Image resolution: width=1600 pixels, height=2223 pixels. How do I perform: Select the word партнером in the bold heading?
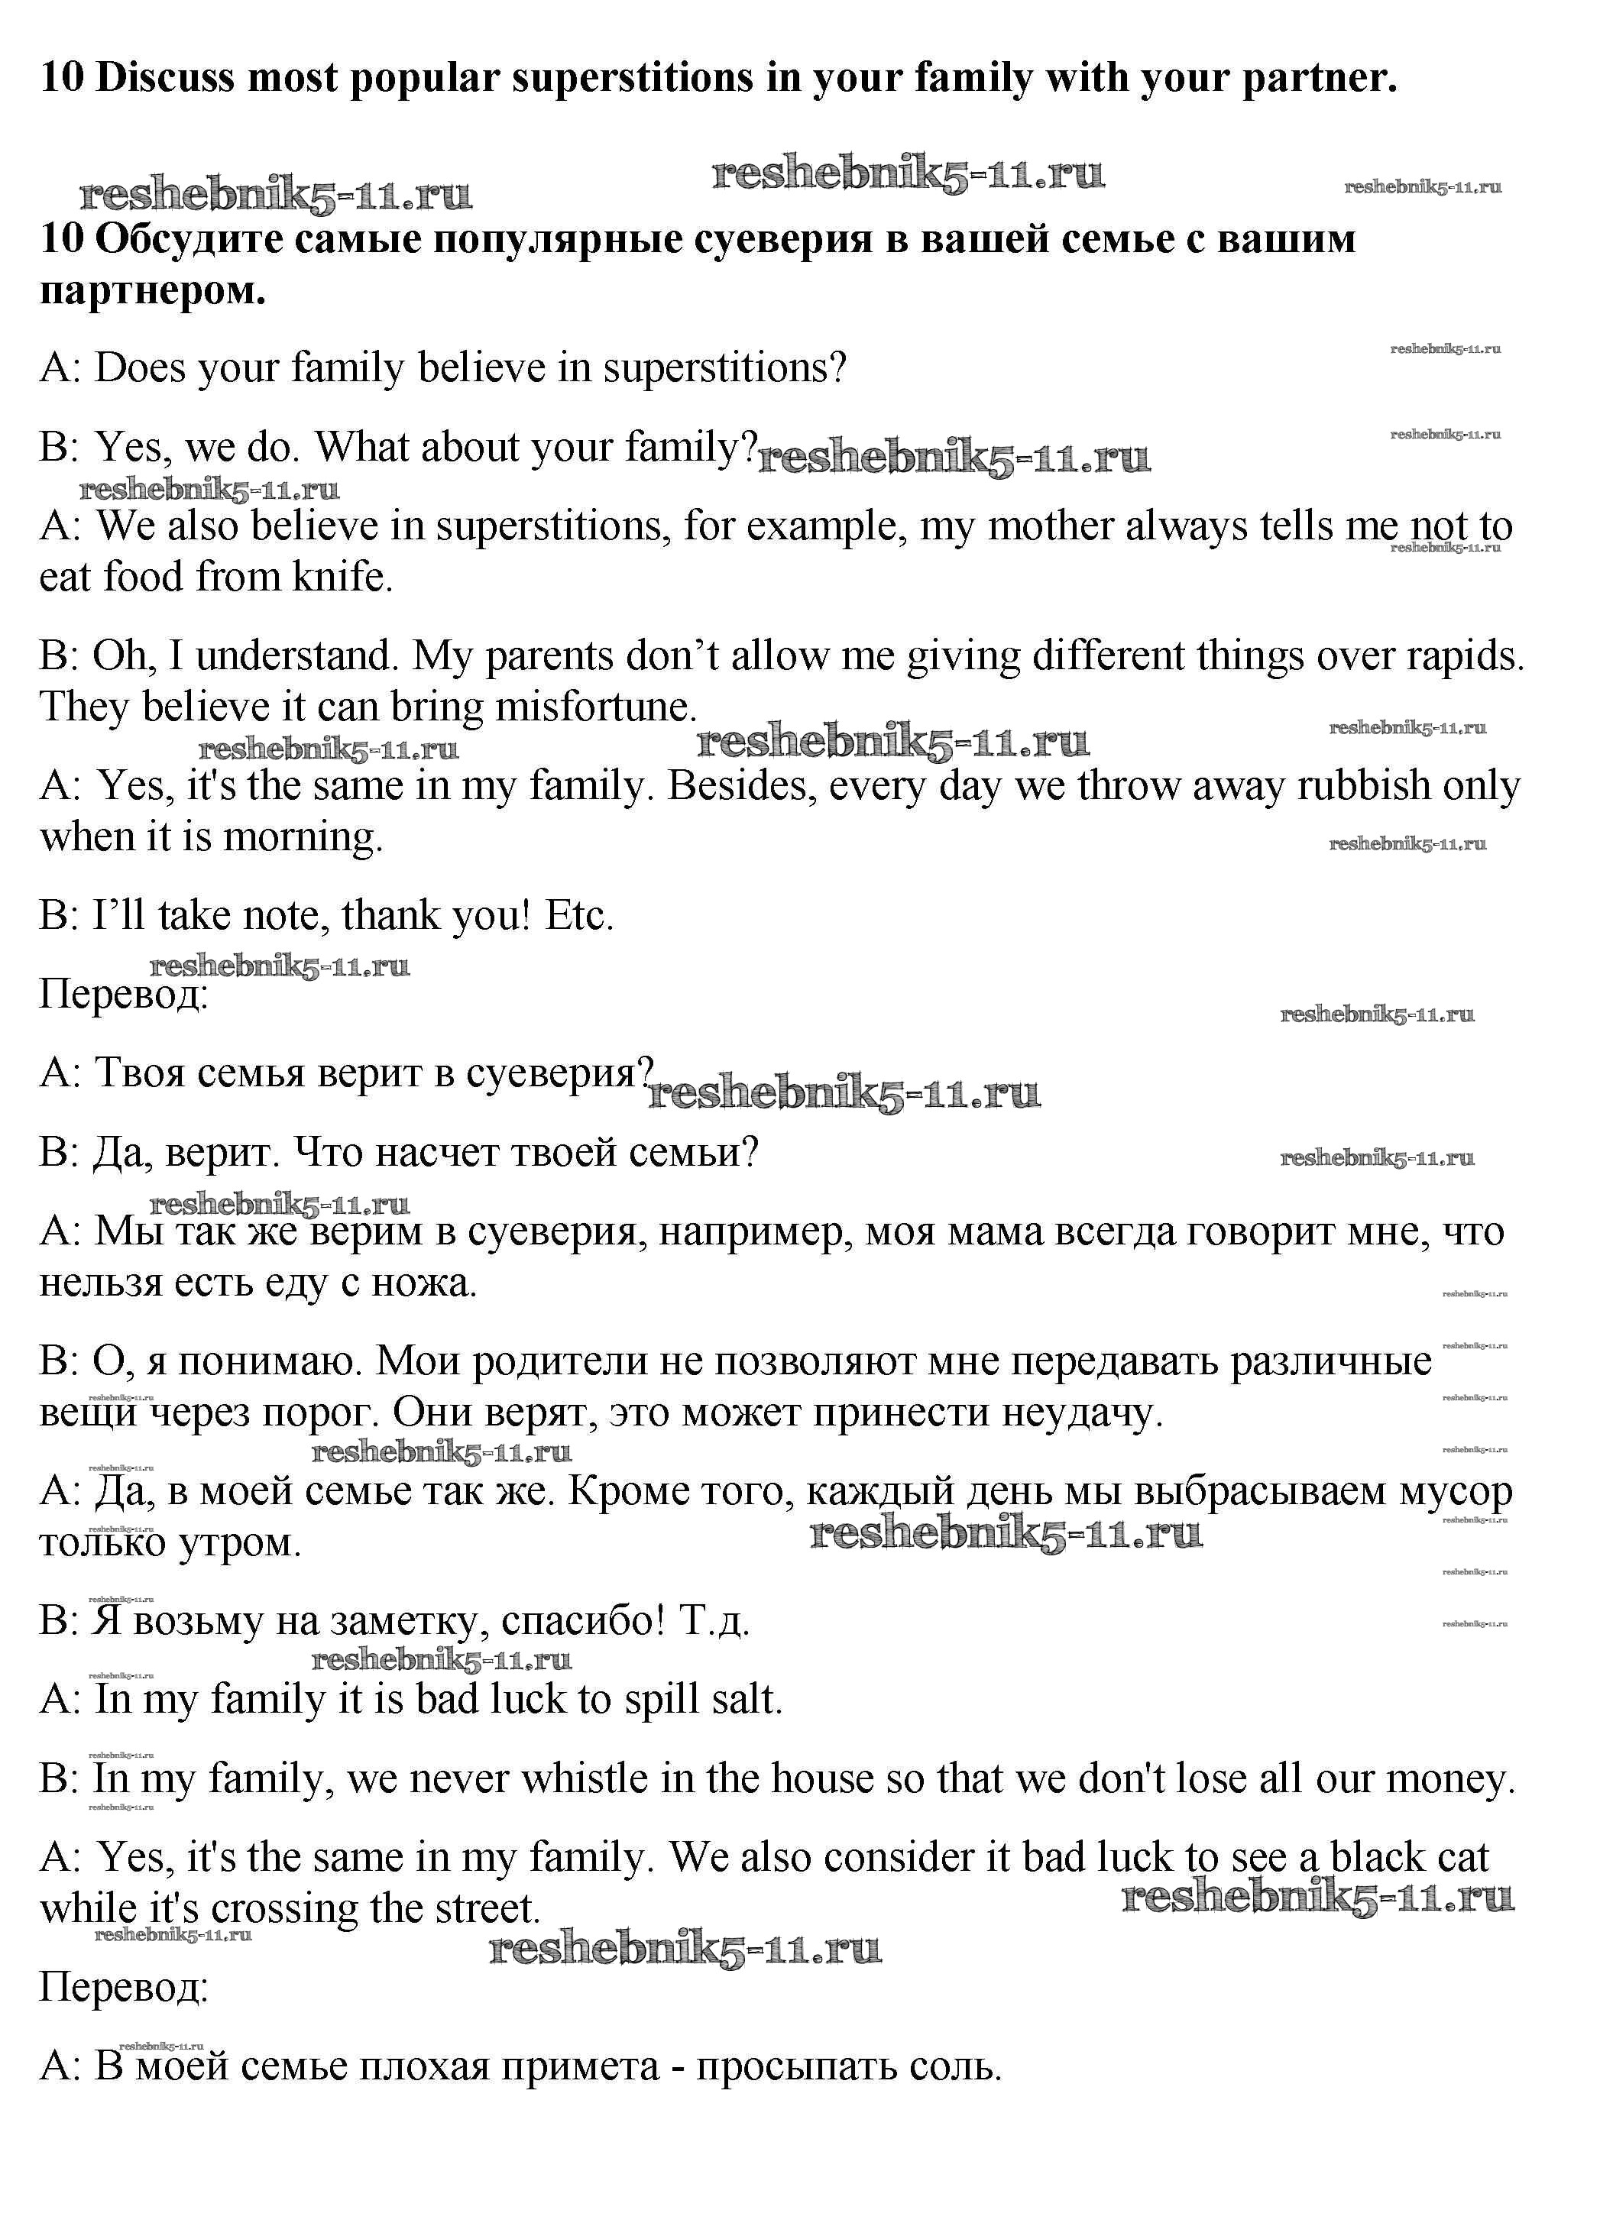pyautogui.click(x=152, y=291)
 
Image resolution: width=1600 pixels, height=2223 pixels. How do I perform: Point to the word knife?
pyautogui.click(x=342, y=578)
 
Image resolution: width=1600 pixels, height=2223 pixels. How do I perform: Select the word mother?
pyautogui.click(x=1050, y=526)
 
